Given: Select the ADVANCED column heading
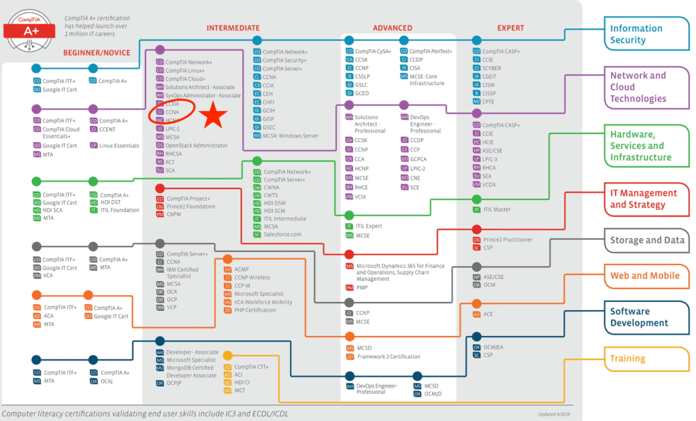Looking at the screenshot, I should (392, 28).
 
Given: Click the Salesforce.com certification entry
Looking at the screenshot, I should (282, 235).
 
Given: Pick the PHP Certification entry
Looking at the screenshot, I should (255, 310).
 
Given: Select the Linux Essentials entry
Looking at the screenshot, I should (120, 145).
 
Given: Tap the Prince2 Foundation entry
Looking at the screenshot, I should (190, 206).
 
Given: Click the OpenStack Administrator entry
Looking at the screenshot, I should (197, 146).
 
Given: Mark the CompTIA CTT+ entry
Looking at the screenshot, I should (252, 367).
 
